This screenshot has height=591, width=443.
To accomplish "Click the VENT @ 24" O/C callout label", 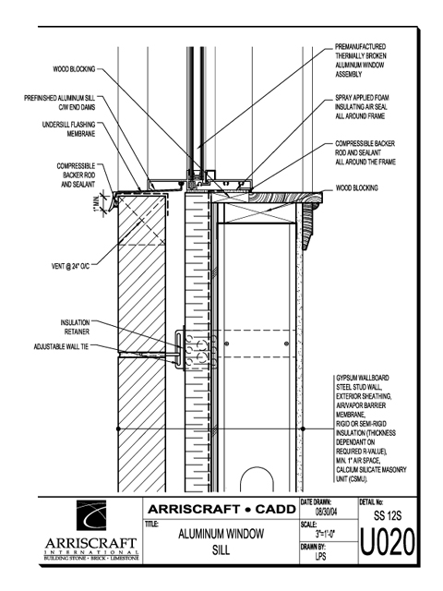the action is coord(70,266).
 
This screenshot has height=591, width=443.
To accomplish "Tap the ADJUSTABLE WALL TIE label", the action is coord(61,346).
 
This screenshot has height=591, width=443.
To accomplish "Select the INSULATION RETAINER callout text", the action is coord(76,327).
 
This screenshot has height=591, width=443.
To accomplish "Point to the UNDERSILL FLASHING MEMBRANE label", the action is coord(68,129).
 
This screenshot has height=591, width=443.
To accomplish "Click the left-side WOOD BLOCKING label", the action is coord(74,69).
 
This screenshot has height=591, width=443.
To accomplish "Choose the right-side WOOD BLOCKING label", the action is coord(357,187).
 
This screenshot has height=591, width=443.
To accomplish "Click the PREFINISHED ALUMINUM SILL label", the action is coord(59,103).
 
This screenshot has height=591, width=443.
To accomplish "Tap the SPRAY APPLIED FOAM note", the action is coord(362,107).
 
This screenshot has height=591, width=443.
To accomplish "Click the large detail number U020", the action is coord(388,542).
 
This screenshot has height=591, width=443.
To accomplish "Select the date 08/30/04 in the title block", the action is coord(326,512).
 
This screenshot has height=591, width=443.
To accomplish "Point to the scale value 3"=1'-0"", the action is coord(326,534).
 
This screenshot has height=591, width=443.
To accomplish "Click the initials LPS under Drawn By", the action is coord(321,556).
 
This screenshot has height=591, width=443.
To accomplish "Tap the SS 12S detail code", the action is coord(388,515).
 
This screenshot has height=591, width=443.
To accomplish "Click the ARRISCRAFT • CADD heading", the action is coord(221,509).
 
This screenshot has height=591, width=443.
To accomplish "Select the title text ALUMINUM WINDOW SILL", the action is coord(221,542).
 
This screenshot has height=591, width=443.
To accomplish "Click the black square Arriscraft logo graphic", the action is coord(91,515).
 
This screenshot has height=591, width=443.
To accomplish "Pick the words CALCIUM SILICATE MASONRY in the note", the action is coord(371,470).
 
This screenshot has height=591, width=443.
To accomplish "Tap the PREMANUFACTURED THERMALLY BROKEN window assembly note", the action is coord(361,60).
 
